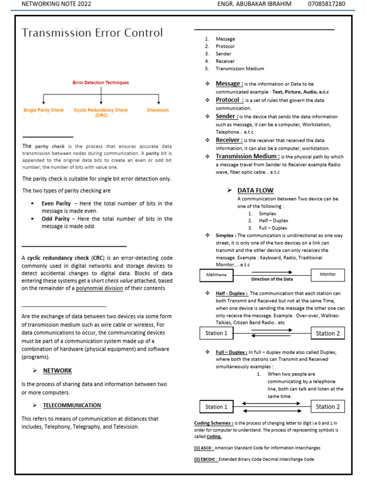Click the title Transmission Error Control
coord(92,33)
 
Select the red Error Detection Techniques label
coord(100,83)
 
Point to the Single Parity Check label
coord(43,111)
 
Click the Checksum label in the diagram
coord(158,111)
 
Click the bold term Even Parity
coord(56,203)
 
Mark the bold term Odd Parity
coord(55,219)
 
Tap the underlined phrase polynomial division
coord(99,288)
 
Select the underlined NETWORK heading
coord(57,370)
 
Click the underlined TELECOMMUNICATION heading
coord(72,405)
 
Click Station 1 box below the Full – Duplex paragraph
coord(216,407)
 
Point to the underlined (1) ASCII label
coord(204,448)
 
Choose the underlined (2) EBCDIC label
coord(206,459)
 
